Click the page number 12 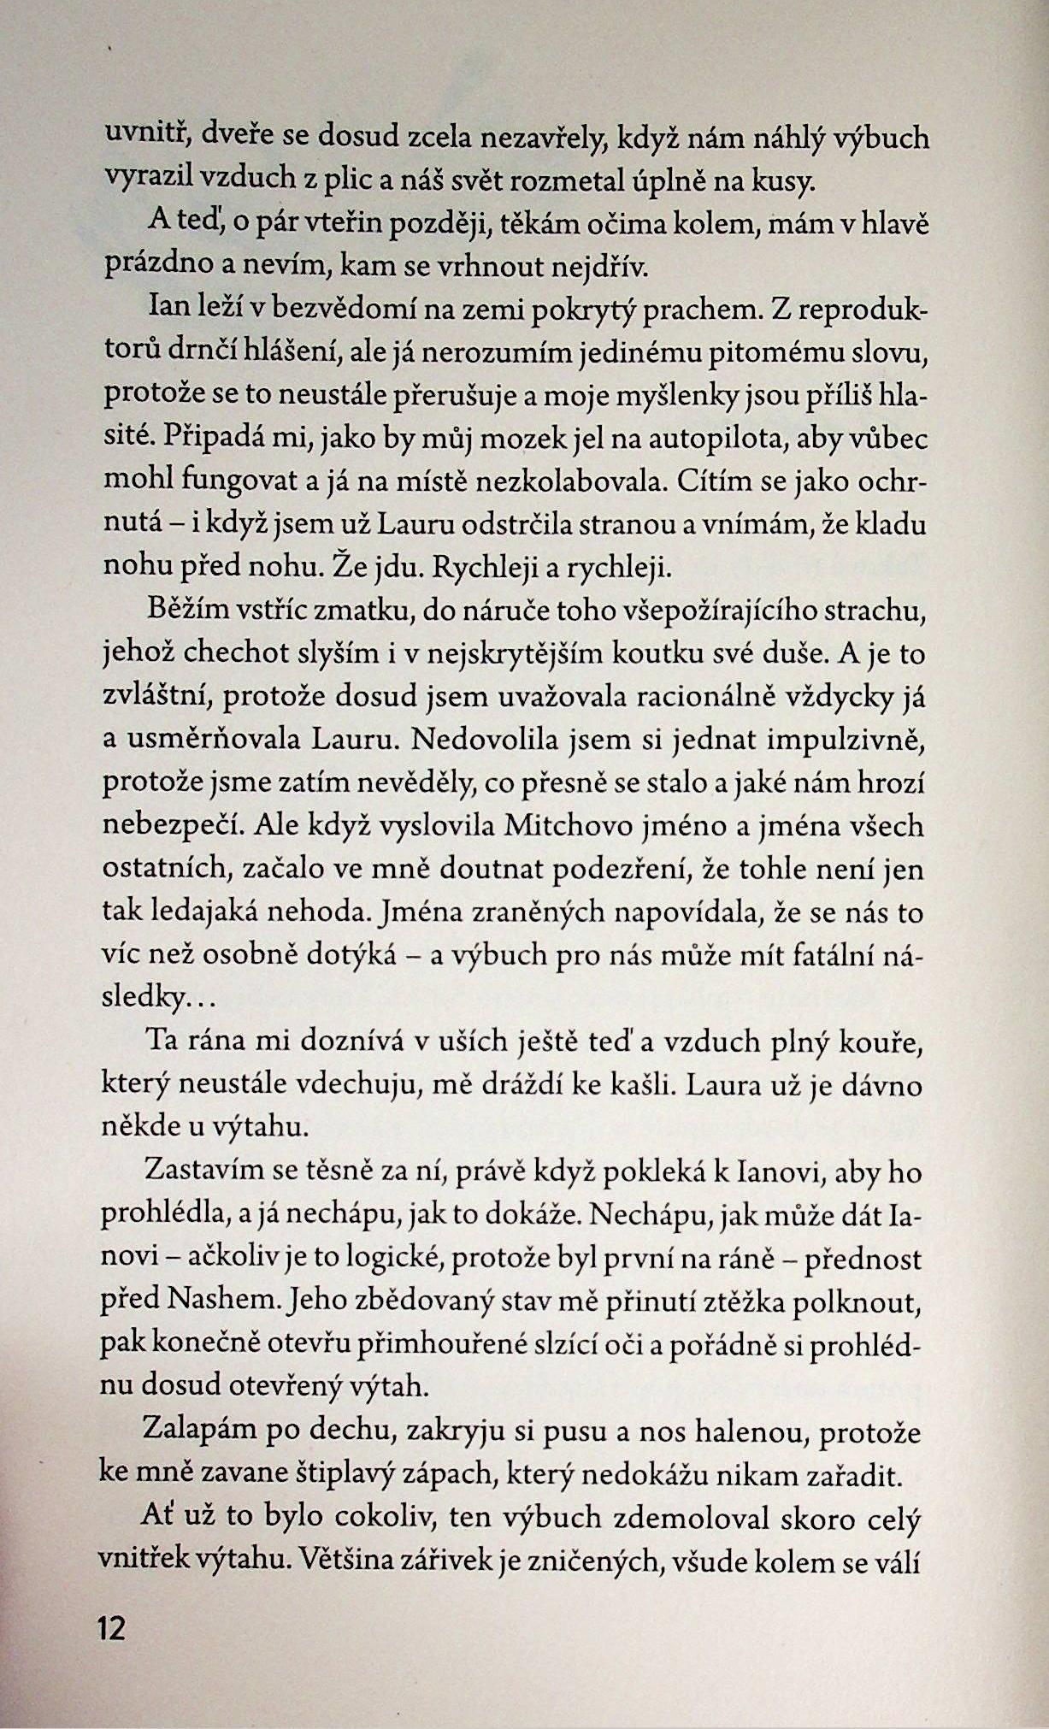pyautogui.click(x=112, y=1627)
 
